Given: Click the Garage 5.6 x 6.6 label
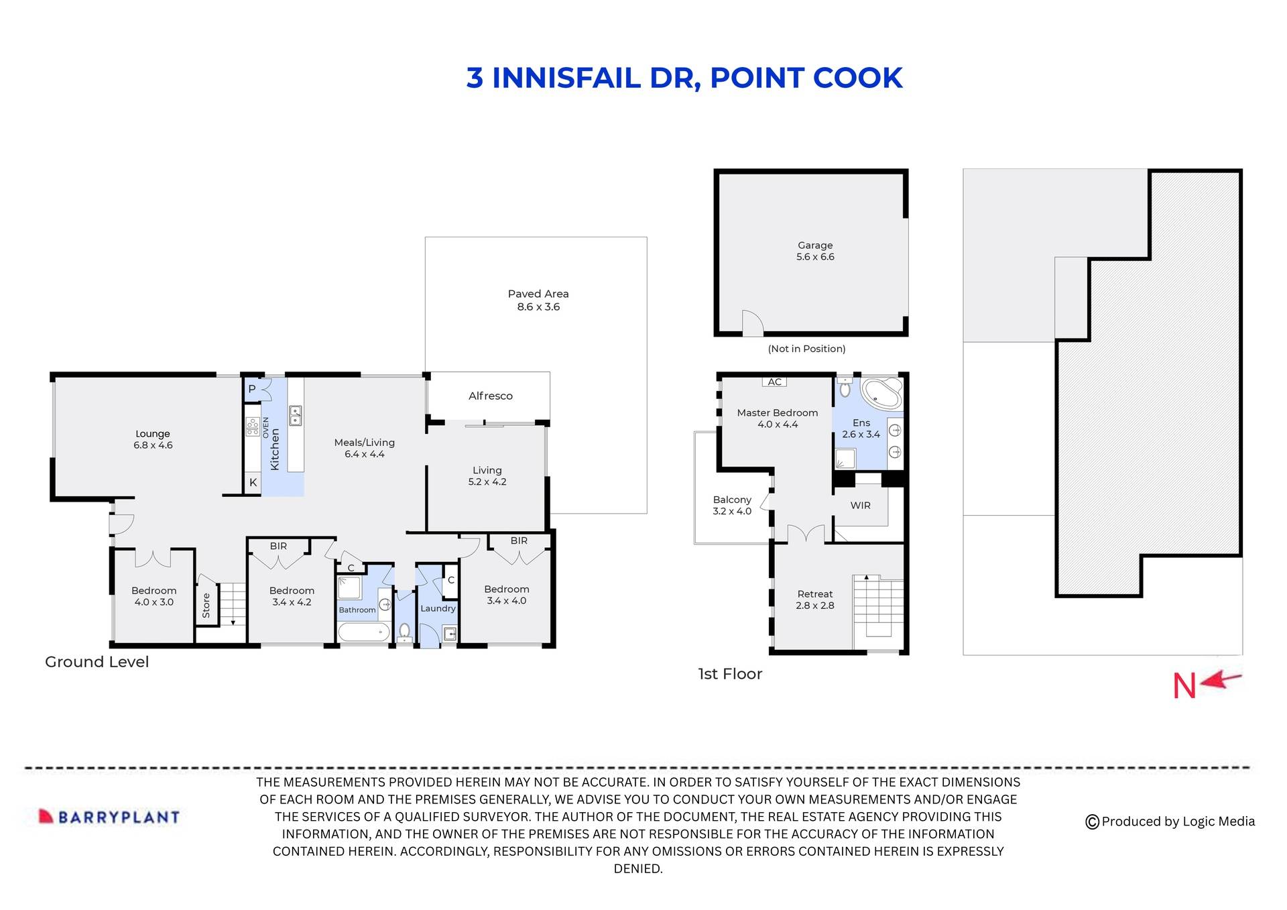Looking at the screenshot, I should click(x=815, y=251).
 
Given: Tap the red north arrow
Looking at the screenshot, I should click(x=1221, y=681).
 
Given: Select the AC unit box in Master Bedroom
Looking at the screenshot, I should click(x=774, y=382).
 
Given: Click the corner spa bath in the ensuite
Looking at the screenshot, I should click(x=881, y=394).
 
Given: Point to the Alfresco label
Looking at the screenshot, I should click(x=490, y=396).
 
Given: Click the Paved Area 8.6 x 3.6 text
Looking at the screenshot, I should click(x=538, y=300).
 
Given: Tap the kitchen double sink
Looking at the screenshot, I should click(x=295, y=415).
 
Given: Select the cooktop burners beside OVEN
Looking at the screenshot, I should click(x=253, y=426).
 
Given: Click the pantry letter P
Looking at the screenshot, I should click(x=252, y=389).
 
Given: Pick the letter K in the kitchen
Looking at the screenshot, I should click(x=253, y=482).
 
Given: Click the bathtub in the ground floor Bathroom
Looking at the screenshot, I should click(x=363, y=632).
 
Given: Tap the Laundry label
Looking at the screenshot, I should click(x=438, y=608).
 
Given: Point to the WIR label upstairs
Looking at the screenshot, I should click(x=860, y=505).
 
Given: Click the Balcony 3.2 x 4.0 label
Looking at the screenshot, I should click(x=732, y=505).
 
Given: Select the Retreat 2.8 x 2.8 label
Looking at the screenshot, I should click(x=814, y=600).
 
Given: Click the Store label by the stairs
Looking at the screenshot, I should click(x=206, y=605).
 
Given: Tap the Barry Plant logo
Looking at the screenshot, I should click(x=109, y=817).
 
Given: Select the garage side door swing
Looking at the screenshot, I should click(x=752, y=323).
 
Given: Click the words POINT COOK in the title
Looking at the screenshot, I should click(x=806, y=78).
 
